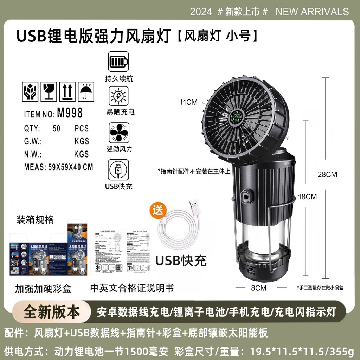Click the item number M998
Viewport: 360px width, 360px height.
[x=70, y=113]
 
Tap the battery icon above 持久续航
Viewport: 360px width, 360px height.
[x=118, y=62]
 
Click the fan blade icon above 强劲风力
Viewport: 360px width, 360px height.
[x=118, y=133]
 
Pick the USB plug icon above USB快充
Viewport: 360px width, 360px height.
[x=118, y=169]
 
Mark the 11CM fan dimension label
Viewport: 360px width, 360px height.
[x=188, y=102]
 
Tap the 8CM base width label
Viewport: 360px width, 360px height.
[x=259, y=288]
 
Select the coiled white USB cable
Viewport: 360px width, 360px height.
[x=179, y=227]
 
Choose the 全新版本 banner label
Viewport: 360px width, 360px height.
[x=52, y=312]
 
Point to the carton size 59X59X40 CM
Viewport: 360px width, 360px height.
[x=69, y=167]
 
